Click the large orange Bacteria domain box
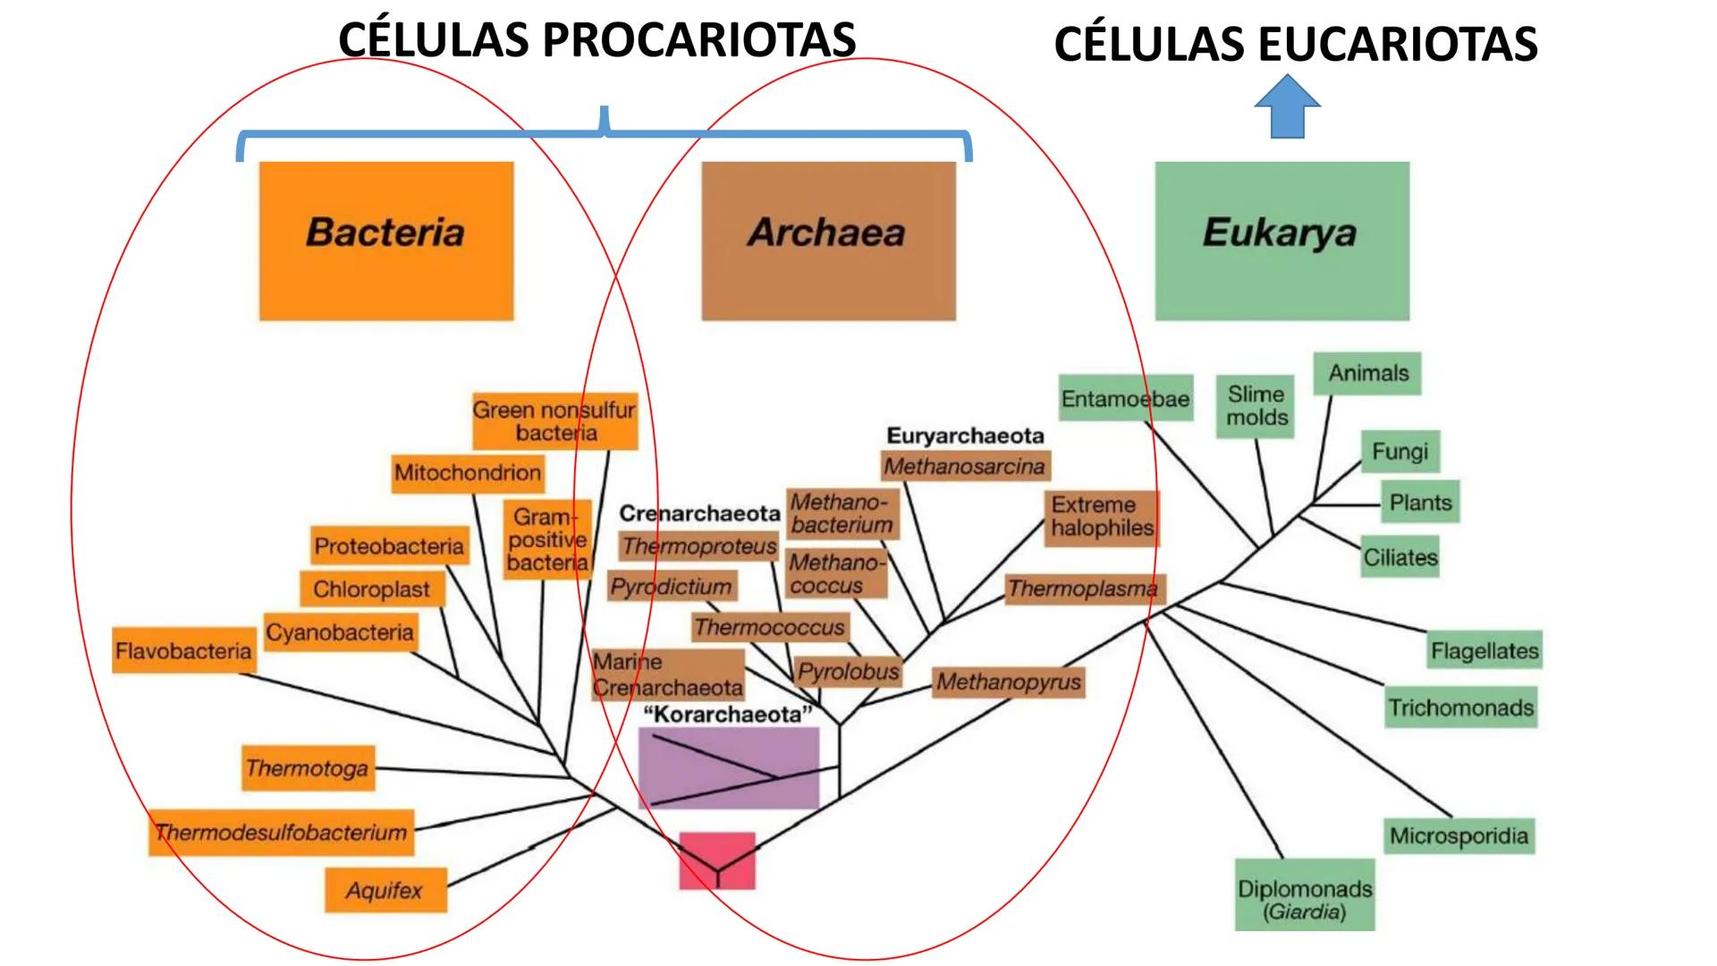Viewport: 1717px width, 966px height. (x=386, y=241)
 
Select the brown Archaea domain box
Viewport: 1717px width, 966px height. (x=828, y=241)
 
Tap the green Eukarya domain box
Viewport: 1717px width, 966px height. (x=1281, y=241)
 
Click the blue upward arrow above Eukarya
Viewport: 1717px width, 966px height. (x=1287, y=107)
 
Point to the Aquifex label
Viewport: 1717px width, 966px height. (x=385, y=891)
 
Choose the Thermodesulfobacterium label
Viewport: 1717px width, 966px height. (x=281, y=833)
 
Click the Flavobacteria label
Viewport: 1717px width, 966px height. (x=183, y=650)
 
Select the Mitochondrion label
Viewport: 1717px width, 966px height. (x=468, y=472)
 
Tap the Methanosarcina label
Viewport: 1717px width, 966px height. (x=964, y=466)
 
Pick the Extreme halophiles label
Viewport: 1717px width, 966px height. (x=1102, y=517)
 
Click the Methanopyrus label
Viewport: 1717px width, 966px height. (x=1008, y=682)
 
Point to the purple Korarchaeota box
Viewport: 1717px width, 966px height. (x=729, y=767)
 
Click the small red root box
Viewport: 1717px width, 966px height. (x=717, y=860)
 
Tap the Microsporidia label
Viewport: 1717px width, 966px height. (x=1459, y=836)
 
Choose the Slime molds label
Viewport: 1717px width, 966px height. (x=1256, y=406)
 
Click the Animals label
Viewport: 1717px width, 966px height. (x=1367, y=373)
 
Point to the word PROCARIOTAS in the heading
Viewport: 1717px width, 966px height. (x=698, y=40)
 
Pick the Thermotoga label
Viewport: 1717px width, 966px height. (x=308, y=768)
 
